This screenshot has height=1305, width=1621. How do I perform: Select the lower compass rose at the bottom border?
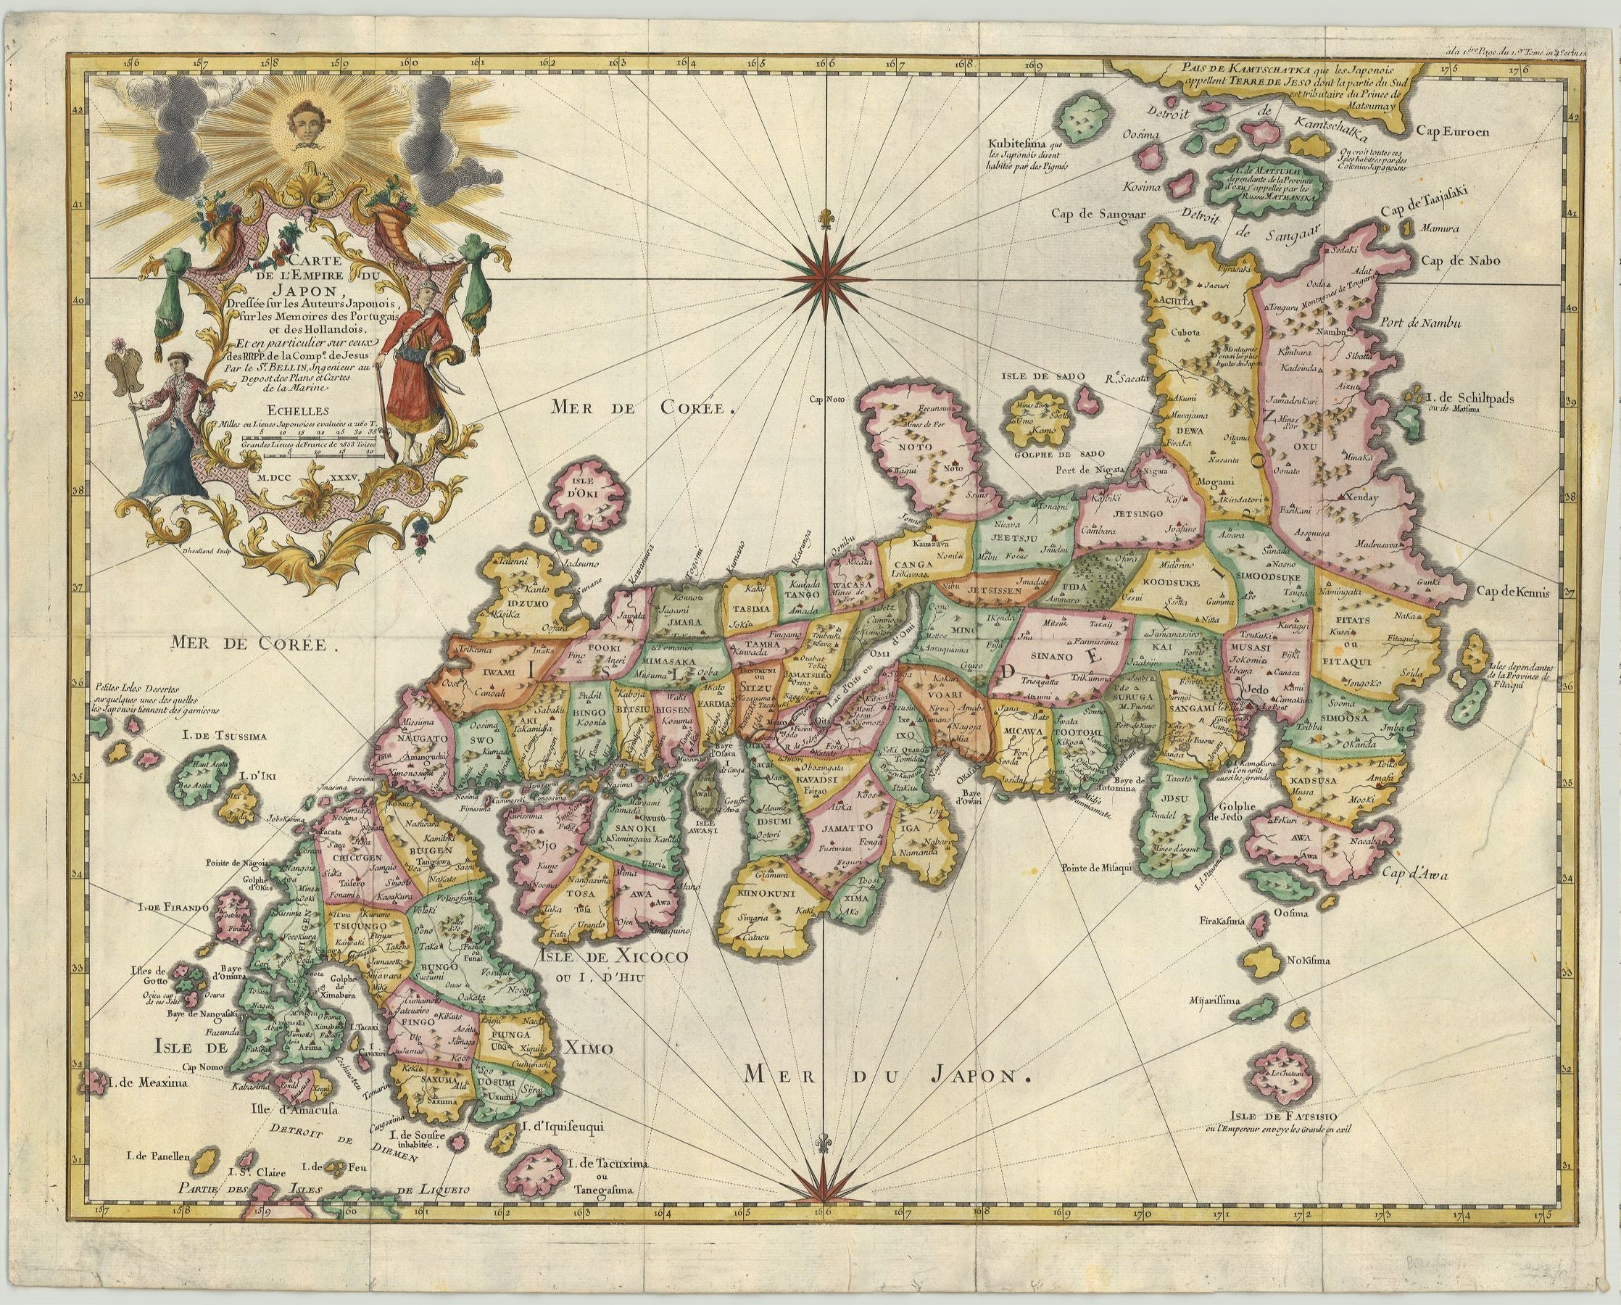point(828,1195)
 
